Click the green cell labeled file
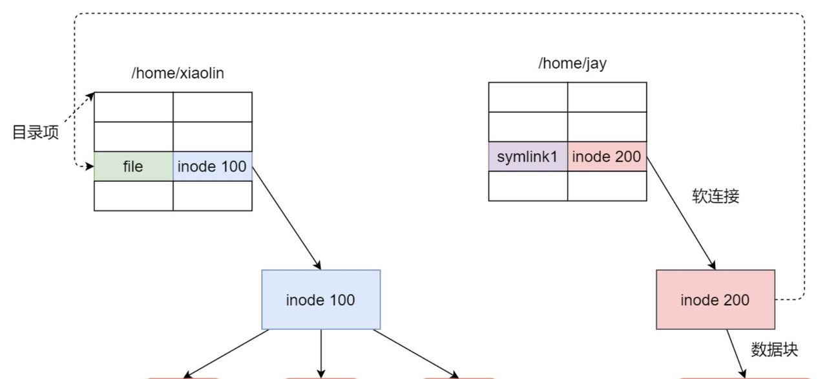[133, 166]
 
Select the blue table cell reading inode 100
[213, 166]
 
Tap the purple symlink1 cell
[528, 157]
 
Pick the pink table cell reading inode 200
[607, 157]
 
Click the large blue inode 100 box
[320, 299]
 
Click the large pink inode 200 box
[715, 299]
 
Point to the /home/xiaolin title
[178, 73]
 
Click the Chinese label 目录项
[36, 133]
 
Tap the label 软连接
[715, 197]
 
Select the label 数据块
[774, 350]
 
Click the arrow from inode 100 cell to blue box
[286, 217]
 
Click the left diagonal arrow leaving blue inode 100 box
[226, 353]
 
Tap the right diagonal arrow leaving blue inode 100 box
[416, 353]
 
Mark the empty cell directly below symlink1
[528, 186]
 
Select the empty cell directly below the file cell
[133, 196]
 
